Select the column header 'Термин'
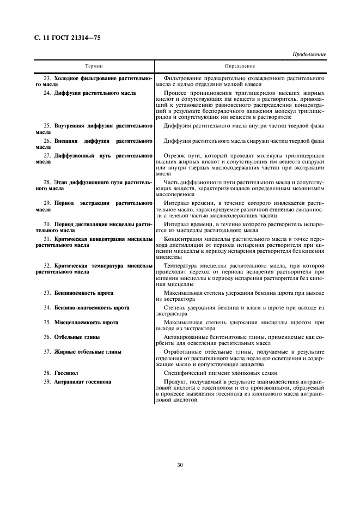click(94, 66)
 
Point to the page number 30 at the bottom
click(180, 465)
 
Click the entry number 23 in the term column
click(47, 78)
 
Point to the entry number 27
click(47, 155)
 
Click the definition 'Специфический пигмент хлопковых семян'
click(223, 372)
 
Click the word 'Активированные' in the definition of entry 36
click(186, 337)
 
